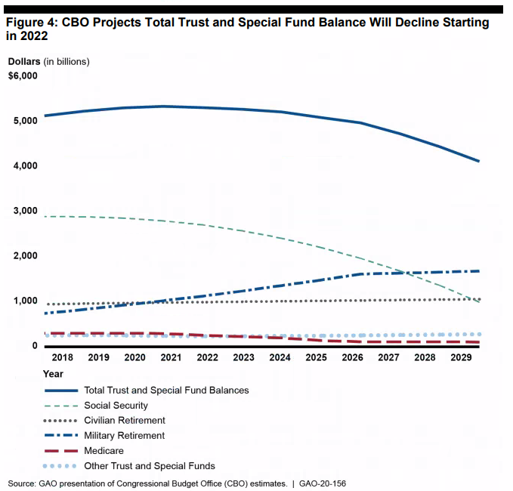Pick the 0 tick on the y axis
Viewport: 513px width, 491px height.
pos(35,346)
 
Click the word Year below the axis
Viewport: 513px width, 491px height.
pos(53,374)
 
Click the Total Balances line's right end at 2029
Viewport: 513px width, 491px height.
pos(479,162)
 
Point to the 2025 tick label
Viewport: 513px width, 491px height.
pos(317,357)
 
